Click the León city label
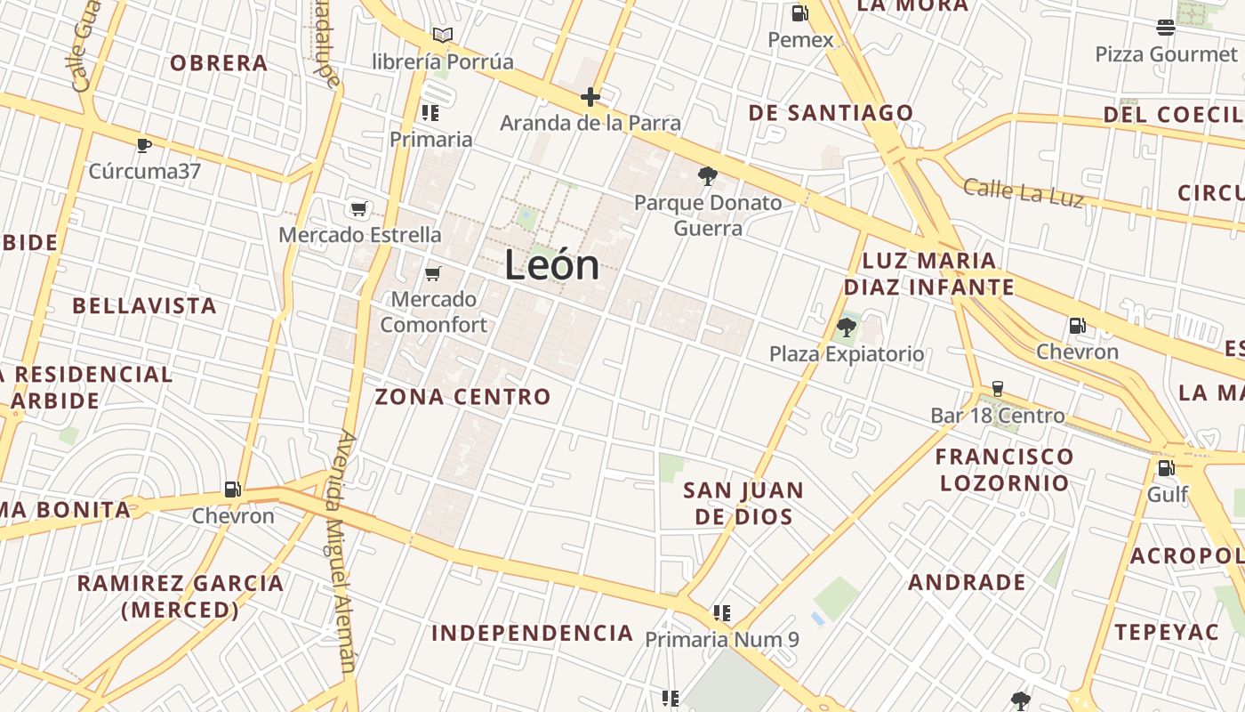click(x=552, y=266)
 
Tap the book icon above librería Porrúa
click(x=443, y=35)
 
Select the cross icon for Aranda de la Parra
click(x=590, y=97)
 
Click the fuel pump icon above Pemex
click(x=799, y=12)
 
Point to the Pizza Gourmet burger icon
click(x=1166, y=27)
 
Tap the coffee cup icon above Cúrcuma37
click(x=144, y=144)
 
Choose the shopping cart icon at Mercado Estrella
click(x=359, y=209)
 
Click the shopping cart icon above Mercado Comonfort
click(x=433, y=273)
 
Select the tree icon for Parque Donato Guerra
click(x=708, y=176)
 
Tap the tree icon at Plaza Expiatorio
click(x=846, y=328)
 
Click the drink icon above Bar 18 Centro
click(x=998, y=389)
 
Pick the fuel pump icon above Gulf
click(x=1165, y=467)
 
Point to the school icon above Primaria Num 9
click(x=722, y=613)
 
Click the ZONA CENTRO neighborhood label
click(x=462, y=397)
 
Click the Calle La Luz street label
click(x=1024, y=191)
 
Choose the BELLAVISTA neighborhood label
click(x=144, y=306)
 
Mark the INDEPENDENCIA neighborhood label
click(x=532, y=634)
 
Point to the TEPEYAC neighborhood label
click(x=1167, y=632)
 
